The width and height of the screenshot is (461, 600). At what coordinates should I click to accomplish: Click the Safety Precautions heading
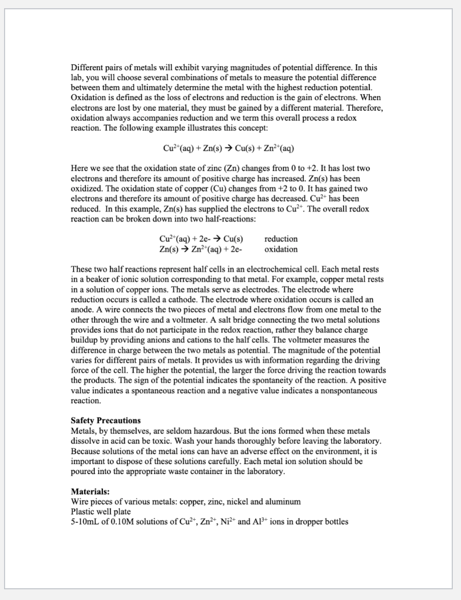tap(105, 420)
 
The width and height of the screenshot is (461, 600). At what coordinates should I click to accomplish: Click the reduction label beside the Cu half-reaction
tap(281, 239)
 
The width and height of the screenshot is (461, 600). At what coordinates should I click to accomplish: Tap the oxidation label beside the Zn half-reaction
tap(281, 250)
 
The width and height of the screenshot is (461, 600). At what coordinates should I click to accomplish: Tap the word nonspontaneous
tap(343, 391)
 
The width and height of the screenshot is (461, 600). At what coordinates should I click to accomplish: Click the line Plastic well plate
tap(101, 512)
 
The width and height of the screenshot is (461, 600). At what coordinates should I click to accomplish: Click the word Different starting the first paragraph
tap(88, 67)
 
